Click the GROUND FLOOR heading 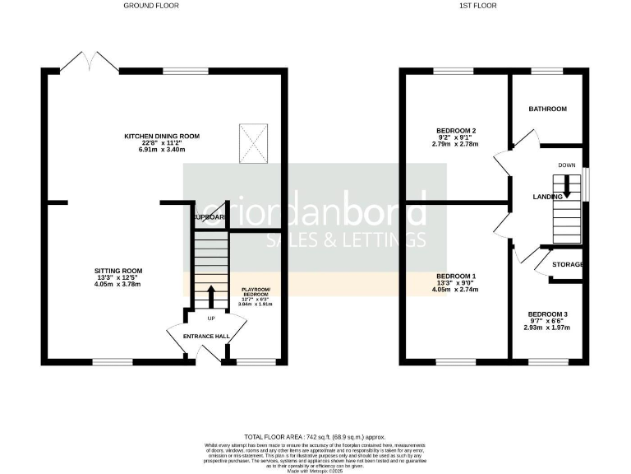tap(150, 6)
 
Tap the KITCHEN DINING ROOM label tap(162, 137)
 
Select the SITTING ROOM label tap(118, 270)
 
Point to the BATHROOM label tap(547, 109)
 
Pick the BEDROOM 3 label tap(548, 314)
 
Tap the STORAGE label tap(568, 264)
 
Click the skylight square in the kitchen tap(254, 141)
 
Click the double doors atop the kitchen tap(90, 61)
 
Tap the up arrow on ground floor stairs tap(210, 295)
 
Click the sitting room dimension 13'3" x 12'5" tap(118, 277)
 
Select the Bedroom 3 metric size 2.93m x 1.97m tap(548, 328)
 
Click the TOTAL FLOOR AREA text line tap(315, 437)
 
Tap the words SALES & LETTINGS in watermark tap(346, 239)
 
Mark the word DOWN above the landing tap(567, 165)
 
